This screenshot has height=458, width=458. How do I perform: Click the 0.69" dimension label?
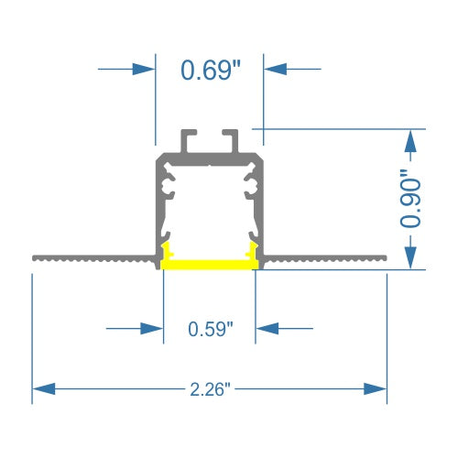210,70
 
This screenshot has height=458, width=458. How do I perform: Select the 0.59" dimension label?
210,328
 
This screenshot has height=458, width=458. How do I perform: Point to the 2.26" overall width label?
210,388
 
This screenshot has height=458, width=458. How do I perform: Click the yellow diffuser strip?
209,266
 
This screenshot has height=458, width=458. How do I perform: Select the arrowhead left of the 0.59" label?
152,327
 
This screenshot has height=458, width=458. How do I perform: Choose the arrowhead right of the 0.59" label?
267,327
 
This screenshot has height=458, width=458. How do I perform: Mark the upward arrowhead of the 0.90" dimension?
412,139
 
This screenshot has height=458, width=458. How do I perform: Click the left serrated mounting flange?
92,258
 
